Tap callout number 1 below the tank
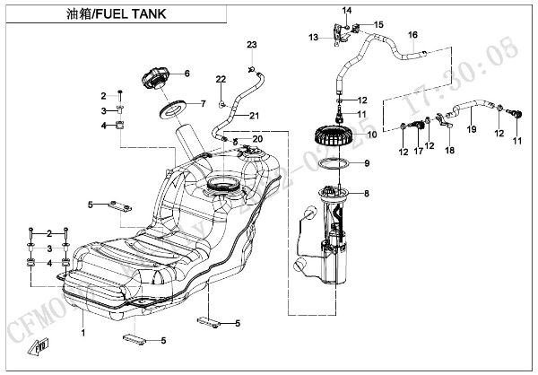[x=83, y=333]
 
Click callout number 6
[x=187, y=74]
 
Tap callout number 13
[x=313, y=37]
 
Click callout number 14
[x=344, y=10]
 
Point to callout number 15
[x=378, y=24]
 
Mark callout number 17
[x=418, y=153]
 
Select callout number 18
[x=450, y=149]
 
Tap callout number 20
[x=256, y=139]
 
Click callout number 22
[x=220, y=80]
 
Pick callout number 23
[x=252, y=45]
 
